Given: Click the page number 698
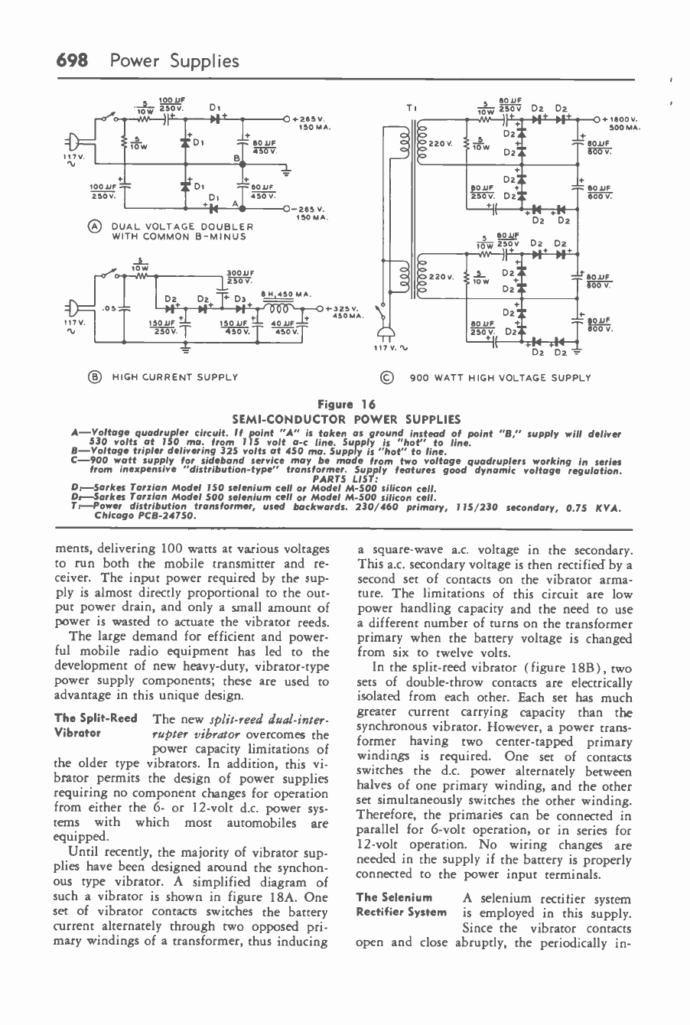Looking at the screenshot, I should [70, 61].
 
